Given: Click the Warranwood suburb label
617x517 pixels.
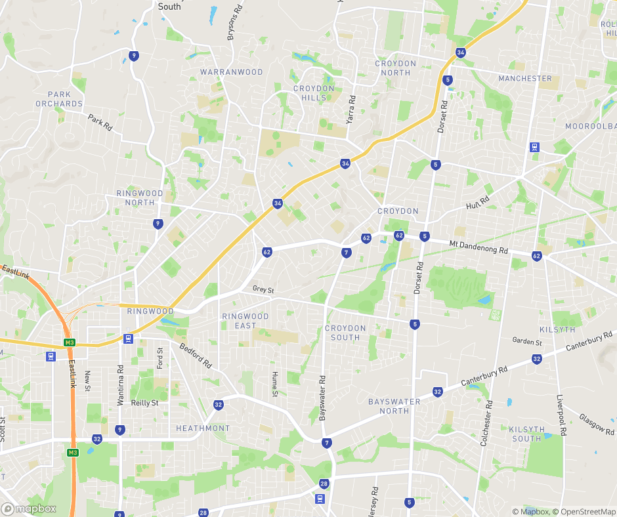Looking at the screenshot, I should (x=231, y=72).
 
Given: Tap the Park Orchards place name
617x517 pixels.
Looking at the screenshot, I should (x=59, y=99).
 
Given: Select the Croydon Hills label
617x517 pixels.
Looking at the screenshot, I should (x=314, y=93).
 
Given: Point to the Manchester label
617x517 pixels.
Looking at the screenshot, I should (x=525, y=79).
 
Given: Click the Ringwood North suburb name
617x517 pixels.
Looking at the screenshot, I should (x=140, y=198).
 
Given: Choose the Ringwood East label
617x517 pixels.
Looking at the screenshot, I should (x=245, y=321).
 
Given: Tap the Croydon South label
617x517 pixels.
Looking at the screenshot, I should (x=345, y=333).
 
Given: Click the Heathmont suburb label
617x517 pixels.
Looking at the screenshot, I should (x=203, y=428).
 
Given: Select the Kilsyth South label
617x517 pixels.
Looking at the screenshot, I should (x=526, y=434).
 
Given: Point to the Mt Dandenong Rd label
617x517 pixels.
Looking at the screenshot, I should (x=479, y=247).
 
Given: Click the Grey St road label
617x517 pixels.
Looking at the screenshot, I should (x=263, y=289).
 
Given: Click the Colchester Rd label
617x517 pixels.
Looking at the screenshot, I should (x=486, y=424).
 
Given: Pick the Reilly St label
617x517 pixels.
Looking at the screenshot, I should (x=144, y=403).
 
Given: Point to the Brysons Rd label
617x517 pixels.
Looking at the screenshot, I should (x=230, y=25).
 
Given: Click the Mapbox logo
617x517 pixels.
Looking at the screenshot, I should (x=29, y=508).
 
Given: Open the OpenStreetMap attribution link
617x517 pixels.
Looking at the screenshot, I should (x=584, y=512).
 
